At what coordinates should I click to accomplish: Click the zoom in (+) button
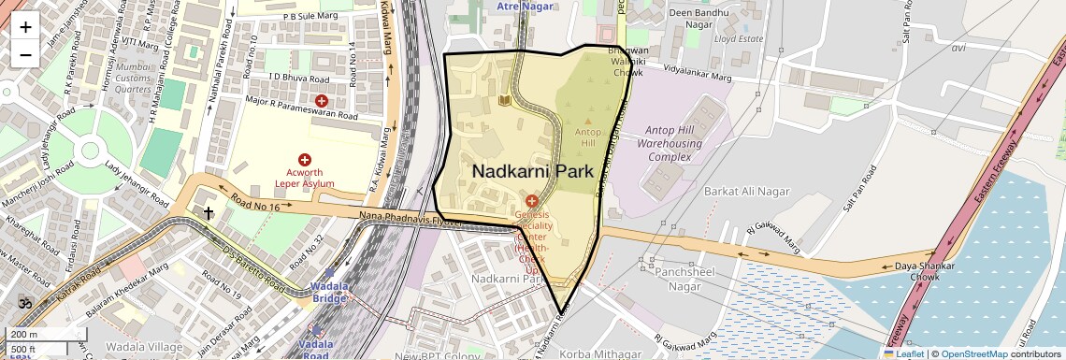(25, 26)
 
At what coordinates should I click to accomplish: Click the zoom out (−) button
(25, 54)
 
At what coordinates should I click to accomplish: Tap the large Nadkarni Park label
(533, 172)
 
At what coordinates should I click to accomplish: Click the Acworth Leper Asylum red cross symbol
(305, 161)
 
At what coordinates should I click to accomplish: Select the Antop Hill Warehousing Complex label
(670, 144)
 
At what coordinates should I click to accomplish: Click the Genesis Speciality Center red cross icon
(531, 201)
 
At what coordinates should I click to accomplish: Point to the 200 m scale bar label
(24, 334)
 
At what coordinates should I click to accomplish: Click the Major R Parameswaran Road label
(301, 108)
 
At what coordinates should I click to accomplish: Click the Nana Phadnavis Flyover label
(411, 219)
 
